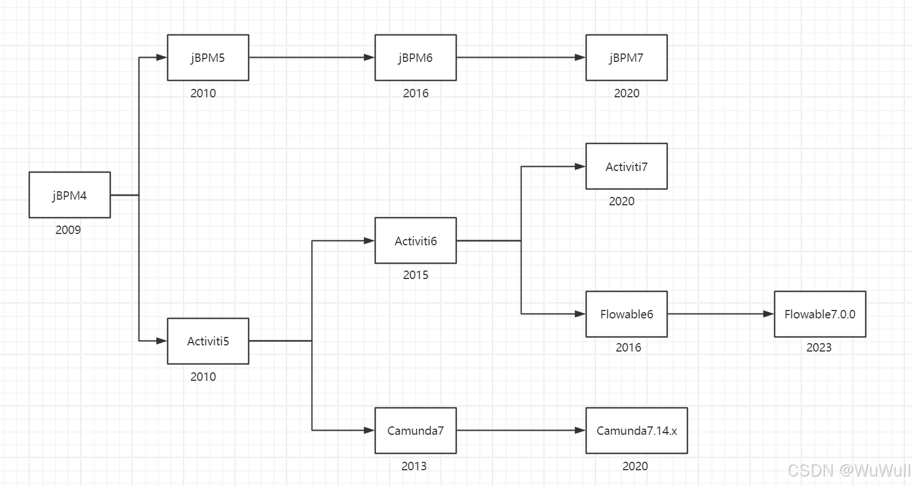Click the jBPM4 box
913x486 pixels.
[70, 195]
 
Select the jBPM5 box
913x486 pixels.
[208, 57]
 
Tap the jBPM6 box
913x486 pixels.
[416, 57]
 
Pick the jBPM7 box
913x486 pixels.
[626, 57]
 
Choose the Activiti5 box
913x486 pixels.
[208, 341]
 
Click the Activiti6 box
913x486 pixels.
[416, 241]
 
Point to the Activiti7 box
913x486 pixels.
[626, 166]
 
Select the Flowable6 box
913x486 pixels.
[626, 314]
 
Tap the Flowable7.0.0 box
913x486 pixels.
[820, 314]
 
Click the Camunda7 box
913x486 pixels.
[416, 430]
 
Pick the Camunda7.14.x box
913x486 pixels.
[636, 430]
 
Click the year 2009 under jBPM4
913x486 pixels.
[68, 230]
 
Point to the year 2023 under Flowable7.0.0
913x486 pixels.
[818, 348]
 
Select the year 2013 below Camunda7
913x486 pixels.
[414, 466]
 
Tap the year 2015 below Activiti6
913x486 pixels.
[416, 275]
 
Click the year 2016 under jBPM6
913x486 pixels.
[416, 93]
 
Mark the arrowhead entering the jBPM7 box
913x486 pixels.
[581, 57]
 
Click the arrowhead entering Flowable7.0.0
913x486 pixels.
[769, 314]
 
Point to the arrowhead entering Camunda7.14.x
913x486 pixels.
[581, 430]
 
